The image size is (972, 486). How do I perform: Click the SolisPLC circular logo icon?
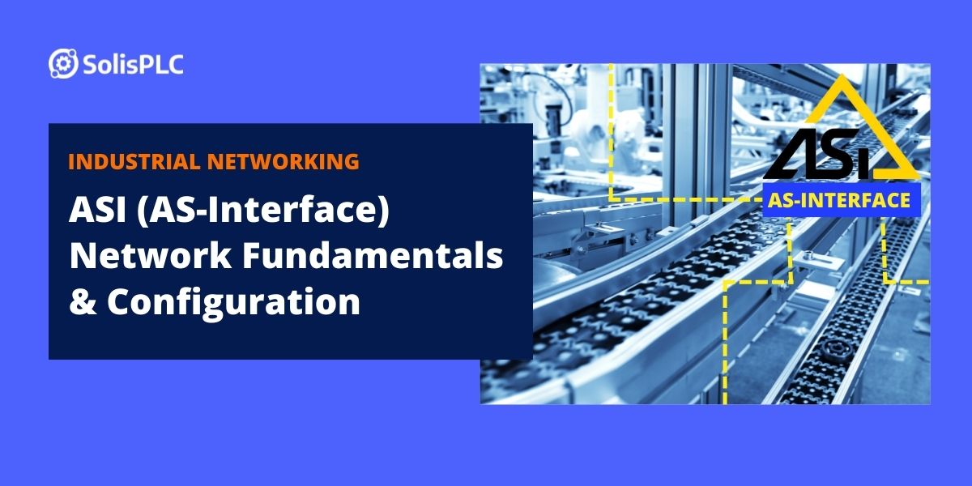63,63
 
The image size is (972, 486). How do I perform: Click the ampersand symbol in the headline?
83,301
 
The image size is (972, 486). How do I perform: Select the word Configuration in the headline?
234,301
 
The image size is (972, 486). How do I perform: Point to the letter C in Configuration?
119,301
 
